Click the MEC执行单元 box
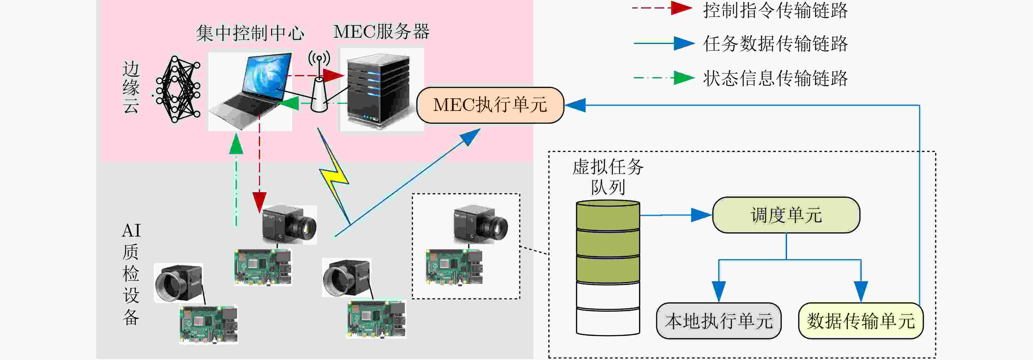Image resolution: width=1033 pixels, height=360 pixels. click(490, 105)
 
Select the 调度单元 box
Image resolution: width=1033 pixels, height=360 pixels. click(786, 215)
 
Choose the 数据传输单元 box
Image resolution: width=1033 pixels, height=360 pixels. click(861, 321)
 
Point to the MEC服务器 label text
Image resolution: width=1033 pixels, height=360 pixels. click(381, 31)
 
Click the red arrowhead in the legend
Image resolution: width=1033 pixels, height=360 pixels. click(681, 8)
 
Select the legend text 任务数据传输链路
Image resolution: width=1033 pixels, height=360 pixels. click(775, 43)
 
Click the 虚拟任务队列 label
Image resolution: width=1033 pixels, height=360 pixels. click(608, 176)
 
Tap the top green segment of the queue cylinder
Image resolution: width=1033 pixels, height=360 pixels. click(608, 217)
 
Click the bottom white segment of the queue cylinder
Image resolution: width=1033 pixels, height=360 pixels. click(608, 321)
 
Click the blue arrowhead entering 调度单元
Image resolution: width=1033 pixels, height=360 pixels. click(701, 215)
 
